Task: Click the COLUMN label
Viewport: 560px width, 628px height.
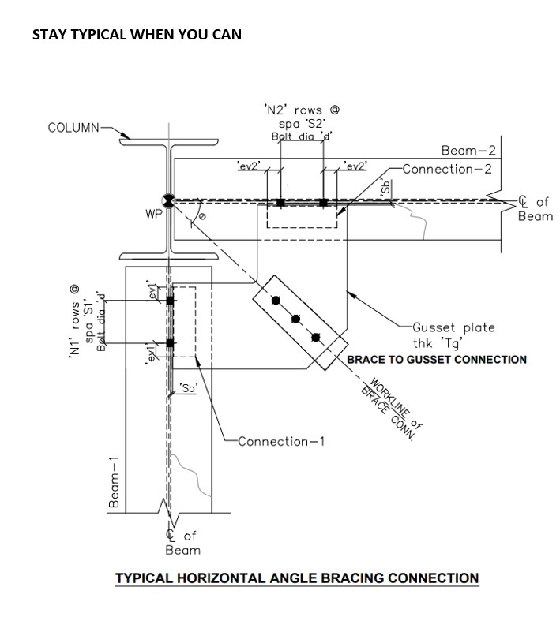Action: click(73, 128)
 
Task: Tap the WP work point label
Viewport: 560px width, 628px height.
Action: click(153, 214)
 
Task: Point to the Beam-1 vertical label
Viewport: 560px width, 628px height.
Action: click(115, 482)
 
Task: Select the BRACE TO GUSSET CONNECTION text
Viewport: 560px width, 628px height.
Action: click(437, 360)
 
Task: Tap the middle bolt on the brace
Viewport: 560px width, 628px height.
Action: click(296, 319)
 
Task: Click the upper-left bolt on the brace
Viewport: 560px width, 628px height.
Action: click(276, 301)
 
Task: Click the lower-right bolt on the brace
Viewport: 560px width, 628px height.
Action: click(316, 338)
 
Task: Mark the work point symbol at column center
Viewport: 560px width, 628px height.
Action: click(167, 200)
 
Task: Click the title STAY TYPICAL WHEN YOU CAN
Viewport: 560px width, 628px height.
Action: click(137, 35)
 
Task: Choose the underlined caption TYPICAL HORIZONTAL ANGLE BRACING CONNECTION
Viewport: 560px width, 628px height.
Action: click(297, 578)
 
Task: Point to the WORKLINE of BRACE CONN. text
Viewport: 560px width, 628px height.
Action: click(393, 411)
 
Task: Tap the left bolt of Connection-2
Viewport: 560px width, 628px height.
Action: click(280, 203)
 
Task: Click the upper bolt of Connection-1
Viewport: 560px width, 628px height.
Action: click(170, 301)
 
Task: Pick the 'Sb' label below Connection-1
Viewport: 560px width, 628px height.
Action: click(188, 387)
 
